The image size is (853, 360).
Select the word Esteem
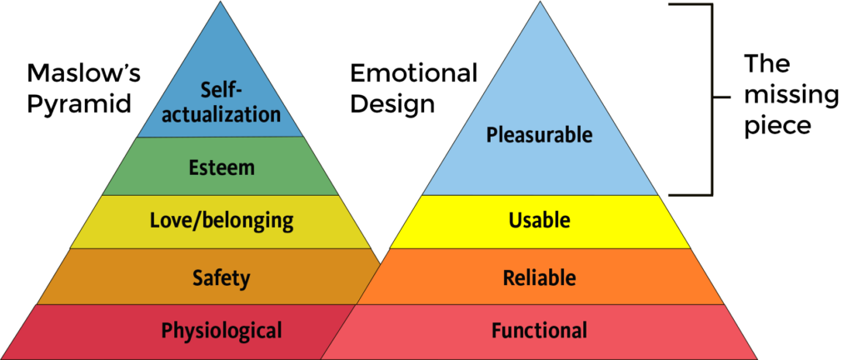point(221,167)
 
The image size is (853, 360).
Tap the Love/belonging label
point(221,221)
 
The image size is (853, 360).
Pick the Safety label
point(221,277)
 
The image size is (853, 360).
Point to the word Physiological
point(221,330)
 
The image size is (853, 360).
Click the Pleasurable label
point(539,133)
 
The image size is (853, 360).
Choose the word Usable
point(539,221)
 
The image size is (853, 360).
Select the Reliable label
point(539,277)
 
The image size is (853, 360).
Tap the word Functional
point(539,330)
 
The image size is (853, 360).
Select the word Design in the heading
point(392,106)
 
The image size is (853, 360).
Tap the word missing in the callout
point(791,96)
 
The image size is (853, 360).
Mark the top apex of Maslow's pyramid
point(222,2)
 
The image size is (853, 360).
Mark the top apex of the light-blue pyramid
point(539,2)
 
